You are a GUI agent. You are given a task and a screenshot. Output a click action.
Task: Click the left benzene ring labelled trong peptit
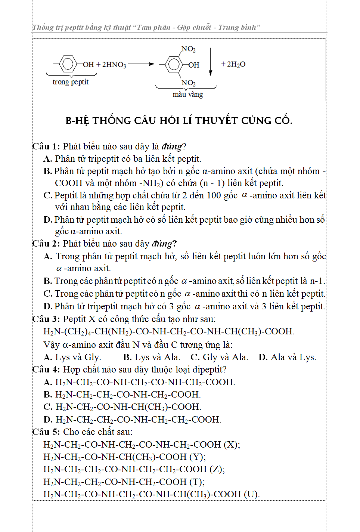pyautogui.click(x=68, y=64)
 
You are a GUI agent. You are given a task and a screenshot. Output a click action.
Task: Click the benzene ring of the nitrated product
pyautogui.click(x=174, y=64)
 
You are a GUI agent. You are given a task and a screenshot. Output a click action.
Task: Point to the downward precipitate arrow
pyautogui.click(x=211, y=62)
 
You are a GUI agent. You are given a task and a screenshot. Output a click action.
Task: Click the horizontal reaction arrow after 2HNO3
pyautogui.click(x=140, y=64)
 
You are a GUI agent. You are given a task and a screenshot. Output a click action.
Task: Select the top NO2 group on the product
pyautogui.click(x=189, y=49)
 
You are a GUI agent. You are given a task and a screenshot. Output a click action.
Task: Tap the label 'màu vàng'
pyautogui.click(x=187, y=94)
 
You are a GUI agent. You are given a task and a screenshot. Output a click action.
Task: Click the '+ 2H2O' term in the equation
pyautogui.click(x=233, y=64)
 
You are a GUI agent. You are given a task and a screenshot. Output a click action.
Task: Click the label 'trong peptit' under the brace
pyautogui.click(x=71, y=82)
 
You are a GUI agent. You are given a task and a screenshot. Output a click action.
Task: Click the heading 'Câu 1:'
pyautogui.click(x=46, y=146)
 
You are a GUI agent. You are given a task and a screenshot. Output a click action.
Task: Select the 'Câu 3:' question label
pyautogui.click(x=46, y=319)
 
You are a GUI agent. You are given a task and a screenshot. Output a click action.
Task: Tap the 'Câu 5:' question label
pyautogui.click(x=46, y=432)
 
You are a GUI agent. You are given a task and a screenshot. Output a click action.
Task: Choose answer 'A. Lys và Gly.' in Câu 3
pyautogui.click(x=72, y=357)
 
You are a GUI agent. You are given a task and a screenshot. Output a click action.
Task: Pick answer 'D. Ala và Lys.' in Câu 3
pyautogui.click(x=287, y=357)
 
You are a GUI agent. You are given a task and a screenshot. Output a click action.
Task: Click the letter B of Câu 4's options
pyautogui.click(x=48, y=395)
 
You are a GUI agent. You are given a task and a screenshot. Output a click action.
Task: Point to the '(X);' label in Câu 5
pyautogui.click(x=232, y=444)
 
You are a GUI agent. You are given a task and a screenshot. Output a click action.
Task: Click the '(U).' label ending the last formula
pyautogui.click(x=252, y=494)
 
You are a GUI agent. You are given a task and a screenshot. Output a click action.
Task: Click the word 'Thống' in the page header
pyautogui.click(x=43, y=27)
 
